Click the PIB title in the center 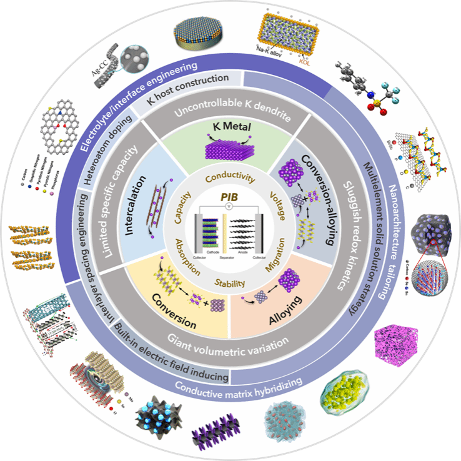click(230, 199)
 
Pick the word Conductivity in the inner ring click(230, 178)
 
